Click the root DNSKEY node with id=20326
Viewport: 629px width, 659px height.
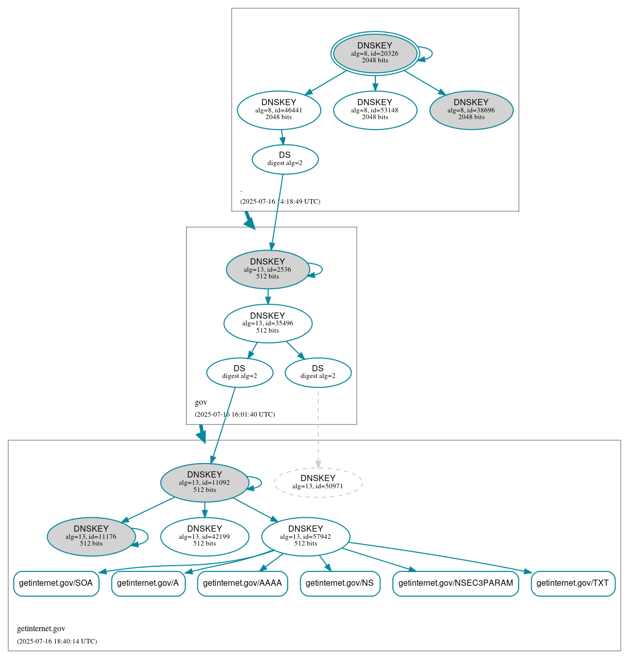point(375,53)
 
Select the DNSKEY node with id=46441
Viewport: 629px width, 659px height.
point(279,110)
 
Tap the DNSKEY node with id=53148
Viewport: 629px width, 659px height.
point(375,110)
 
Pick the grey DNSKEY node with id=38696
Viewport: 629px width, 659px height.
point(471,110)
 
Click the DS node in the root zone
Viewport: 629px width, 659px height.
point(285,159)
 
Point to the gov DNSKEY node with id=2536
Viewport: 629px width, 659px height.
point(268,269)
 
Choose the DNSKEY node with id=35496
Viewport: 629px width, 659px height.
point(268,323)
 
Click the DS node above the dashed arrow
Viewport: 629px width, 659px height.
point(318,372)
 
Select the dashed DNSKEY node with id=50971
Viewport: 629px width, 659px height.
point(318,483)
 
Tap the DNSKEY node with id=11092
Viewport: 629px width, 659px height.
point(205,483)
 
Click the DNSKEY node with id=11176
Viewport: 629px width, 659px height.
point(91,537)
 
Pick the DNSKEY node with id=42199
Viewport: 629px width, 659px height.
point(205,537)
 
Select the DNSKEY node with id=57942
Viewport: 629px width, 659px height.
point(306,537)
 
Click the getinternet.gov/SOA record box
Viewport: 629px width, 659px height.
point(56,583)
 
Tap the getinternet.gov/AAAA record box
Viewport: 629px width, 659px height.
point(242,583)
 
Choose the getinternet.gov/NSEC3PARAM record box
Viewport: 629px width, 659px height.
point(456,583)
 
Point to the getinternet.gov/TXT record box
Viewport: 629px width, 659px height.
point(573,583)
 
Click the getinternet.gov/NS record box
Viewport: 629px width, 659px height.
point(340,583)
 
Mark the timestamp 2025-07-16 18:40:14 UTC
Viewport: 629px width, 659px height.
point(57,641)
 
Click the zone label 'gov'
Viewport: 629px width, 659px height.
point(201,402)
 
